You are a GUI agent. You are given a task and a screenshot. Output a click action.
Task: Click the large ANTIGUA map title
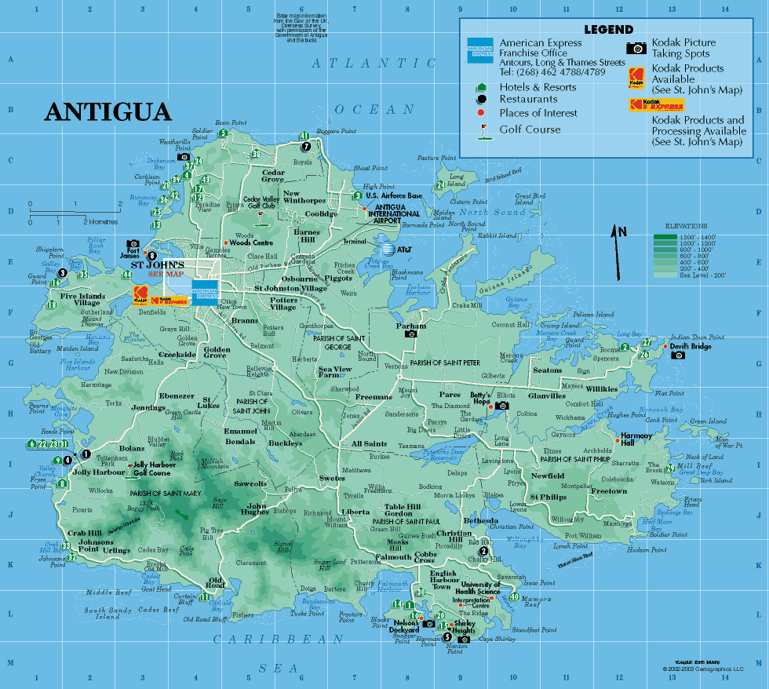pos(108,111)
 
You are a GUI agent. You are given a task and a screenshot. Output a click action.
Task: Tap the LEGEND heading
pos(608,30)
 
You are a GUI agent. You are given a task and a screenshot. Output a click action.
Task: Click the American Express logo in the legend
pos(479,50)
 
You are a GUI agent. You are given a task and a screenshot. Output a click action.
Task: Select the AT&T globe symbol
pos(387,250)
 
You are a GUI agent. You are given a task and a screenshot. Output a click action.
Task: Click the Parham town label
pos(411,326)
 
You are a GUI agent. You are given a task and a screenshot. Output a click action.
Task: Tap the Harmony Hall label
pos(636,439)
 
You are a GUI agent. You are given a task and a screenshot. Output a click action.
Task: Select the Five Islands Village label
pos(81,300)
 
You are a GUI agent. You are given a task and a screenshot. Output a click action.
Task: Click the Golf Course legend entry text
pos(530,129)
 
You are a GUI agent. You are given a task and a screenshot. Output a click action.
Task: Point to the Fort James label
pos(129,252)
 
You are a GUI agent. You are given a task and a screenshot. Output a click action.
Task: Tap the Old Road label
pos(216,583)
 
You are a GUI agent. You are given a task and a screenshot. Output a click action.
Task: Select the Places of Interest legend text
pos(538,113)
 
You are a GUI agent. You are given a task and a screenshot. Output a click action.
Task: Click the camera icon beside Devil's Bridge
pos(678,355)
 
